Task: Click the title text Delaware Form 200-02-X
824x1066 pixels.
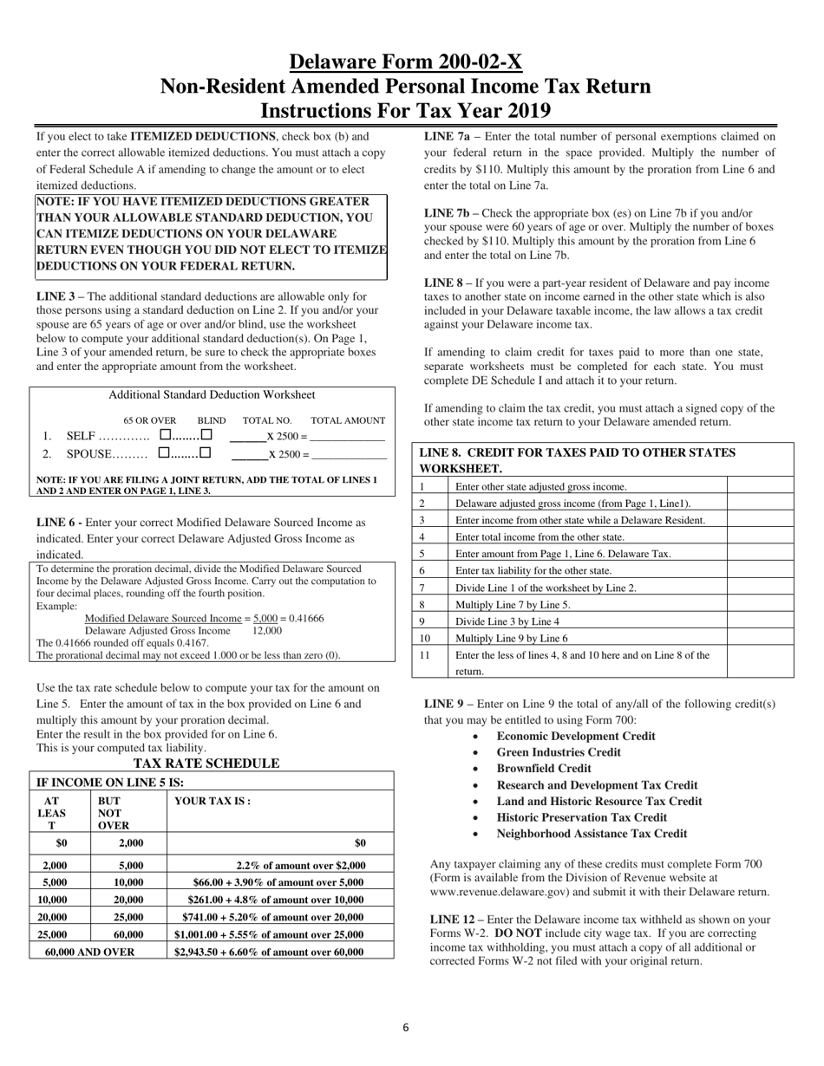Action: (x=405, y=62)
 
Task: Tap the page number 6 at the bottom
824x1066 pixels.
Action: (x=405, y=1028)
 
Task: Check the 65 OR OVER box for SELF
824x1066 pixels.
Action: (x=166, y=436)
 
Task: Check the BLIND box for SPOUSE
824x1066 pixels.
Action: (x=206, y=453)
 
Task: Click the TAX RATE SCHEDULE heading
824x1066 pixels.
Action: (x=206, y=764)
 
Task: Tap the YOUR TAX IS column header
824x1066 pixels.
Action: (x=213, y=802)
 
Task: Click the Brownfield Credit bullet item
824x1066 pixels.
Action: (x=543, y=769)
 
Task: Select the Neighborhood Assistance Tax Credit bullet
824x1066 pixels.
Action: (x=592, y=834)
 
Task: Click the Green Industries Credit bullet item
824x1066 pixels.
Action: (x=559, y=752)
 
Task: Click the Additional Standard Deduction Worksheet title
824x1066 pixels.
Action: (x=212, y=395)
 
